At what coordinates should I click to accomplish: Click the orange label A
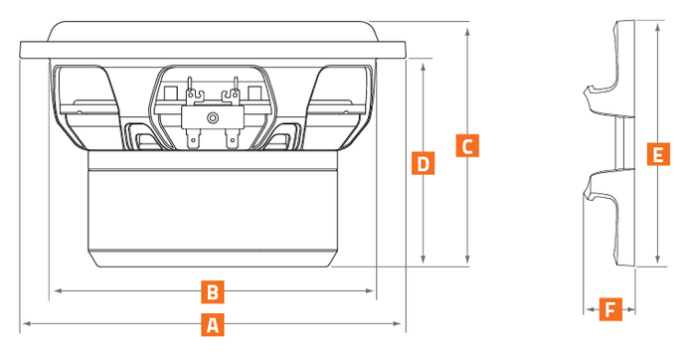click(x=213, y=325)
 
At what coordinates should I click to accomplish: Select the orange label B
click(x=213, y=291)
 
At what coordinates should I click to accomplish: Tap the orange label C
click(x=467, y=145)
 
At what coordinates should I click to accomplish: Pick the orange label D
click(x=424, y=163)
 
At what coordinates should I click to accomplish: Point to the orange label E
click(x=658, y=154)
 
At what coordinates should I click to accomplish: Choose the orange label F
click(x=610, y=309)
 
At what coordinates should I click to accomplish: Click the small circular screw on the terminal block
click(x=213, y=117)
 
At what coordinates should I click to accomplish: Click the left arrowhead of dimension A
click(x=26, y=324)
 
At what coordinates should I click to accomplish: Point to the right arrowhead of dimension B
click(x=370, y=290)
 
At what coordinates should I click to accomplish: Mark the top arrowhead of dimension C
click(x=467, y=31)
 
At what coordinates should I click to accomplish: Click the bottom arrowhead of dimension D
click(x=424, y=260)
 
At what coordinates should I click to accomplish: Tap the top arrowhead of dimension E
click(x=657, y=27)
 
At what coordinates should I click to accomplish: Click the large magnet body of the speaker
click(x=213, y=209)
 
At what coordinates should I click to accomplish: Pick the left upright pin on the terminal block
click(x=190, y=87)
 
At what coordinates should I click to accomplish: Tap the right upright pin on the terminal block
click(x=236, y=87)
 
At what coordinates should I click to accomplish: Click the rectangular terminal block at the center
click(x=213, y=117)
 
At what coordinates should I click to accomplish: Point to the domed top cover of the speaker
click(x=213, y=31)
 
